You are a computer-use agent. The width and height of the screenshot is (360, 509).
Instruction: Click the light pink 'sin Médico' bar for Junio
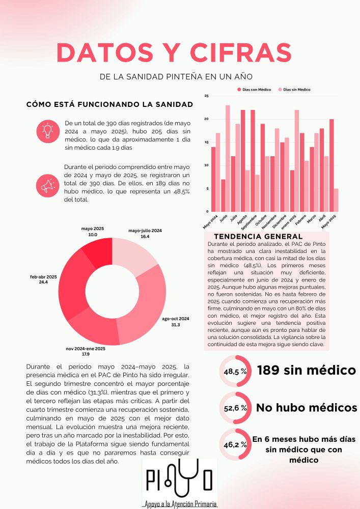pos(228,158)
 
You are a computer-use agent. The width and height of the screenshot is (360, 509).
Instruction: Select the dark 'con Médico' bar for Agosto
pos(243,160)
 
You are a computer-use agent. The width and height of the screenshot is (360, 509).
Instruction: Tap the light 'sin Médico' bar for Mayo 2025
pos(336,200)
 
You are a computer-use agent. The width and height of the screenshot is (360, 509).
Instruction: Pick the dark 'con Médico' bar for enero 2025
pos(292,190)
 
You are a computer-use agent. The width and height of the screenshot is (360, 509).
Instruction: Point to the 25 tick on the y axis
pos(207,96)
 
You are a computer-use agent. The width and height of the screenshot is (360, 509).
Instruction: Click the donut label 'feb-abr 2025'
pos(43,277)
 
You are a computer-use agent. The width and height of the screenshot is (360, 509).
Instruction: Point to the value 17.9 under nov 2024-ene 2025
pos(86,354)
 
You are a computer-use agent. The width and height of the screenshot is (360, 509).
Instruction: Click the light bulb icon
pos(48,131)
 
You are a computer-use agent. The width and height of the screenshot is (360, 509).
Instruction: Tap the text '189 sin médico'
pos(306,370)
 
